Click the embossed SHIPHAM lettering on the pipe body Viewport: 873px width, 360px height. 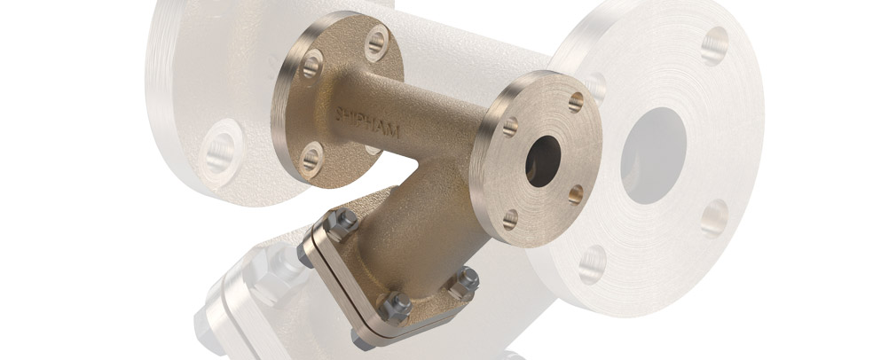click(x=369, y=121)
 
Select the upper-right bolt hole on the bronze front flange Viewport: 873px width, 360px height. click(x=575, y=102)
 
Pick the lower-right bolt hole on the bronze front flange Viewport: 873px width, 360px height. click(x=574, y=193)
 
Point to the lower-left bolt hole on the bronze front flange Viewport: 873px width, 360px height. click(x=510, y=218)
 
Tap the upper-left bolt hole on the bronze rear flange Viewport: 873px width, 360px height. click(x=311, y=64)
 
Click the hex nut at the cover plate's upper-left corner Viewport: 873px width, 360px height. click(x=346, y=222)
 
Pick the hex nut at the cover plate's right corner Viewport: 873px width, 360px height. click(x=466, y=282)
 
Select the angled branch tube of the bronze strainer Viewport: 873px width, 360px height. click(x=404, y=222)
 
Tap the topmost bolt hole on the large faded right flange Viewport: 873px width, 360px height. click(x=714, y=45)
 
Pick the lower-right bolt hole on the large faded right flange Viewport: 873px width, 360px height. click(x=714, y=218)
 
